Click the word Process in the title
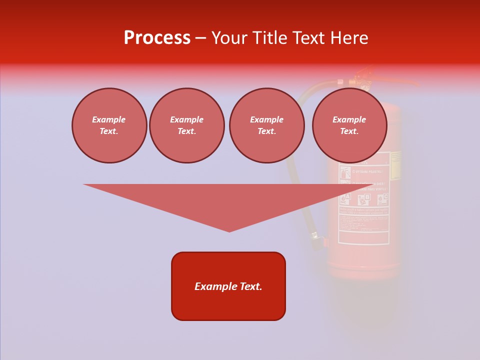pos(157,38)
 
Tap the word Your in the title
pos(230,38)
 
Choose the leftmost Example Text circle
pos(109,125)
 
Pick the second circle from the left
pos(186,125)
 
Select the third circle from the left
pos(266,125)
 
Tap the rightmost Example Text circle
pos(349,125)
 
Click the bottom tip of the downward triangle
pos(229,231)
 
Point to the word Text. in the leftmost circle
pos(109,131)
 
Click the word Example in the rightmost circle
pos(349,119)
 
